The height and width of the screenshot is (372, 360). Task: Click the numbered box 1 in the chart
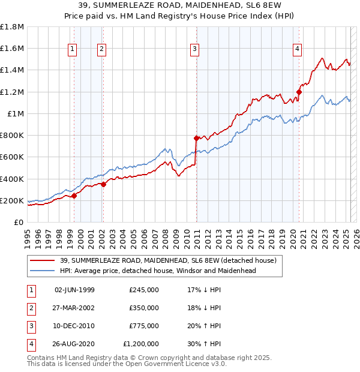click(73, 50)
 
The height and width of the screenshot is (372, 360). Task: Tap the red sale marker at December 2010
click(196, 138)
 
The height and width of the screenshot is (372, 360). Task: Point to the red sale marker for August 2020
click(299, 92)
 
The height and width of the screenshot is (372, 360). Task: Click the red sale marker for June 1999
click(74, 196)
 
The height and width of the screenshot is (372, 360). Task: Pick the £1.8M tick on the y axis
click(12, 27)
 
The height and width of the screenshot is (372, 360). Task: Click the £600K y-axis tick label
click(12, 157)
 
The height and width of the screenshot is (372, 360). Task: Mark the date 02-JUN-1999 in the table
click(74, 289)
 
